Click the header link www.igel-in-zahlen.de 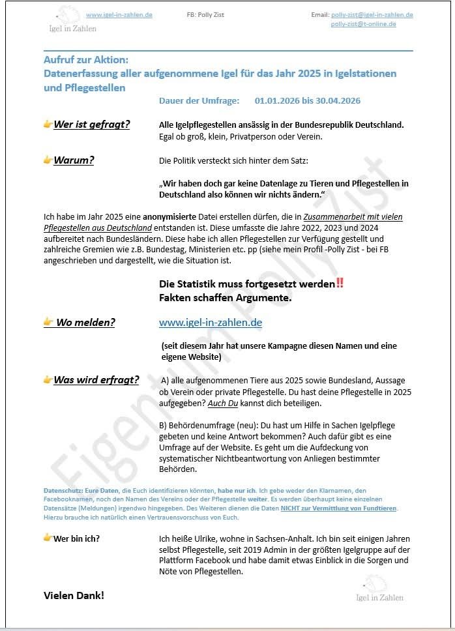click(x=119, y=14)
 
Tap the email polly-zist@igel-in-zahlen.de click(x=372, y=14)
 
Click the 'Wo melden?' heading click(x=85, y=322)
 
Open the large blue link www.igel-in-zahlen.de click(x=211, y=323)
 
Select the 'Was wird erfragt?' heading click(x=96, y=379)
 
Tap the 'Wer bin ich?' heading click(x=76, y=538)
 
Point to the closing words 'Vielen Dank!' click(x=74, y=595)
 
